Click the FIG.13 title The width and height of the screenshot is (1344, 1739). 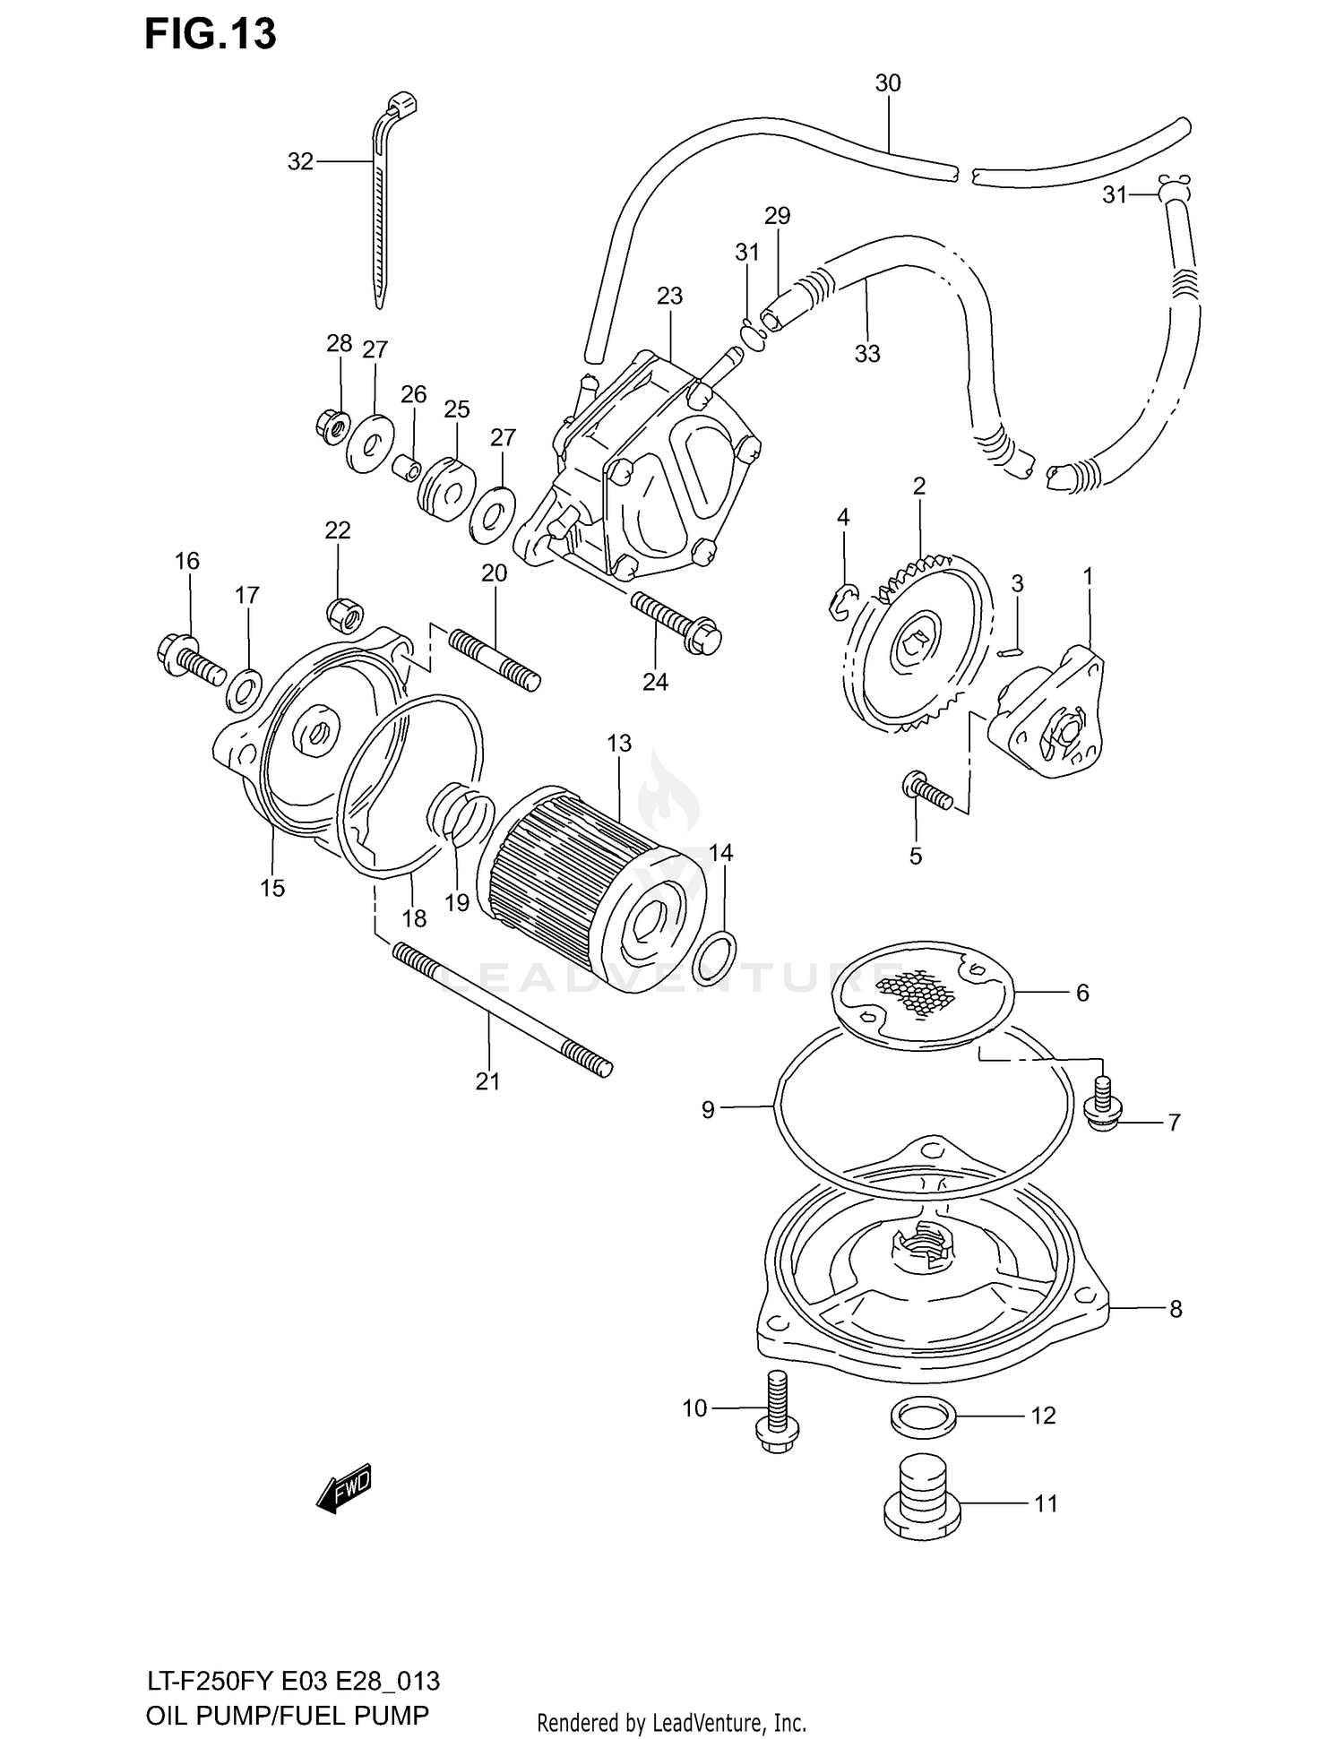point(210,34)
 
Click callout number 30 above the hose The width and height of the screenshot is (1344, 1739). point(887,83)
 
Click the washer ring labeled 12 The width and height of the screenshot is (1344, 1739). point(923,1416)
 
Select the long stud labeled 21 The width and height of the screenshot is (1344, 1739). point(502,1009)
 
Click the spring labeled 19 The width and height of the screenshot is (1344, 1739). point(459,812)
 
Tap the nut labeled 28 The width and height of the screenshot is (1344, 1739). point(333,425)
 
